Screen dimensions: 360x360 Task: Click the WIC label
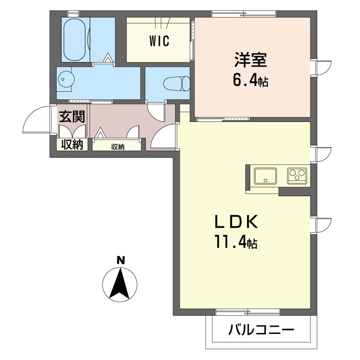pos(159,41)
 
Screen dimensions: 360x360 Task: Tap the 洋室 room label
pos(251,60)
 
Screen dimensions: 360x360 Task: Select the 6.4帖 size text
pos(251,81)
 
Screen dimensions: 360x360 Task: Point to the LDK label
pos(236,222)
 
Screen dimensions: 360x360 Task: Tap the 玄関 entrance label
pos(72,117)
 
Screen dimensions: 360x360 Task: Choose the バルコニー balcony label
pos(261,330)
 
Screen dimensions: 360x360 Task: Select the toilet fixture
pos(177,84)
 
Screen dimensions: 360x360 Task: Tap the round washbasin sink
pos(66,80)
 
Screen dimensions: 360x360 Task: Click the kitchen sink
pos(265,176)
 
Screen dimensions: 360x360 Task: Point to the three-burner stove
pos(297,176)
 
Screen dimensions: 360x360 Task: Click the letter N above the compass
pos(121,261)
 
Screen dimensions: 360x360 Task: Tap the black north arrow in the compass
pos(119,283)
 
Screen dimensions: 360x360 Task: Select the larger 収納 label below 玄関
pos(72,144)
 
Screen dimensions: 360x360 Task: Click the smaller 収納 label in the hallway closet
pos(118,147)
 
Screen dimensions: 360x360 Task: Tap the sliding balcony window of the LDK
pos(248,312)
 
